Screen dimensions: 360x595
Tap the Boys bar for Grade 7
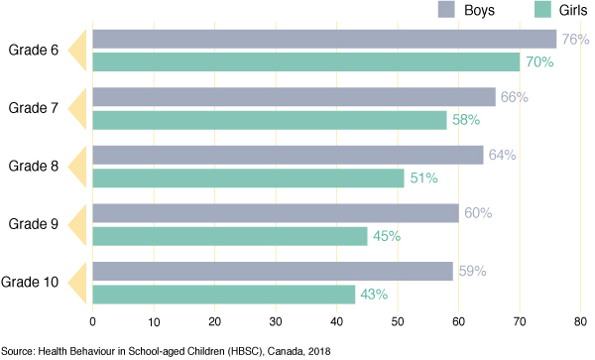coord(294,96)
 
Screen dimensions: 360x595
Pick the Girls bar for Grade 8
coord(248,179)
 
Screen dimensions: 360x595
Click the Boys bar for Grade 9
coord(275,213)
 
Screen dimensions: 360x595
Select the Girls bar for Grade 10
coord(223,295)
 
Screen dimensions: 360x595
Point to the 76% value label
coord(575,40)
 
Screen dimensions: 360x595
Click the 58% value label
coord(465,120)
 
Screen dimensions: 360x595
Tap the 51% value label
coord(422,179)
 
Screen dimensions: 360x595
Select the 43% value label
coord(373,295)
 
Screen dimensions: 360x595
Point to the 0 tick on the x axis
coord(92,321)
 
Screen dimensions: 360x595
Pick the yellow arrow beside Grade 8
coord(82,167)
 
